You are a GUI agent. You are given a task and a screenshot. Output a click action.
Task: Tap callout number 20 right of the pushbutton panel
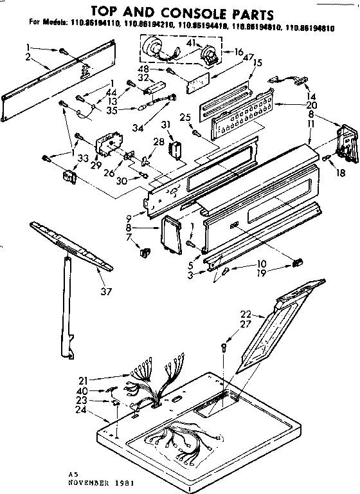click(312, 105)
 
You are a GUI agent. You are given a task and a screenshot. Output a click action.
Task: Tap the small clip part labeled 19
click(298, 262)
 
